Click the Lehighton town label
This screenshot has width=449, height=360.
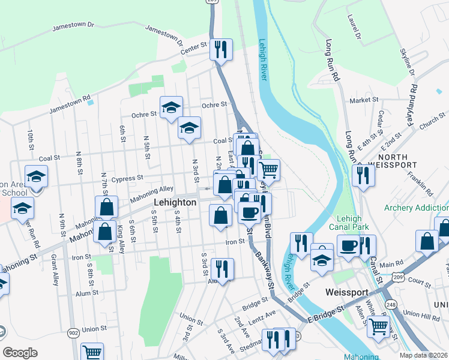click(175, 203)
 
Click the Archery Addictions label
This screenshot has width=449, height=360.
click(417, 208)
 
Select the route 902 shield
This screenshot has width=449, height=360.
click(73, 333)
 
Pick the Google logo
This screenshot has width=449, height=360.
click(20, 353)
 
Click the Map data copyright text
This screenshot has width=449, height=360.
click(424, 355)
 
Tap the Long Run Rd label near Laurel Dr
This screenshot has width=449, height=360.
click(333, 61)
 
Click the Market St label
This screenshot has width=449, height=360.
click(366, 100)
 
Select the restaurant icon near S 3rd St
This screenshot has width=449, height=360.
click(222, 269)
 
